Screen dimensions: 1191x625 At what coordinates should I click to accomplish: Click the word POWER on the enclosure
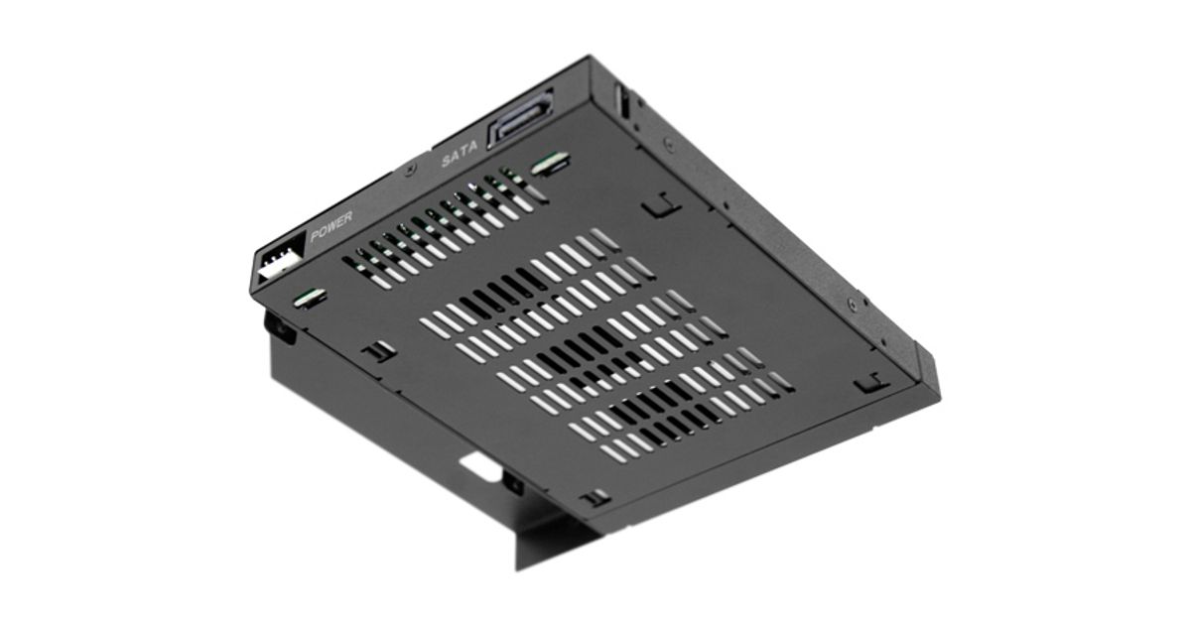(331, 226)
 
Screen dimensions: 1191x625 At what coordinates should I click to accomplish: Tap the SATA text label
(460, 154)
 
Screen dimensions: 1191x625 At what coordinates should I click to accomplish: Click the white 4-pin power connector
(280, 260)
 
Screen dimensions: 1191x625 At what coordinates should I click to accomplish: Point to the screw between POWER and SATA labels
(410, 171)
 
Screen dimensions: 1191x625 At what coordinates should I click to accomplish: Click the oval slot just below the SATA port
(550, 162)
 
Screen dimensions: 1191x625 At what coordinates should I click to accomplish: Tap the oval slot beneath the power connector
(310, 299)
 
